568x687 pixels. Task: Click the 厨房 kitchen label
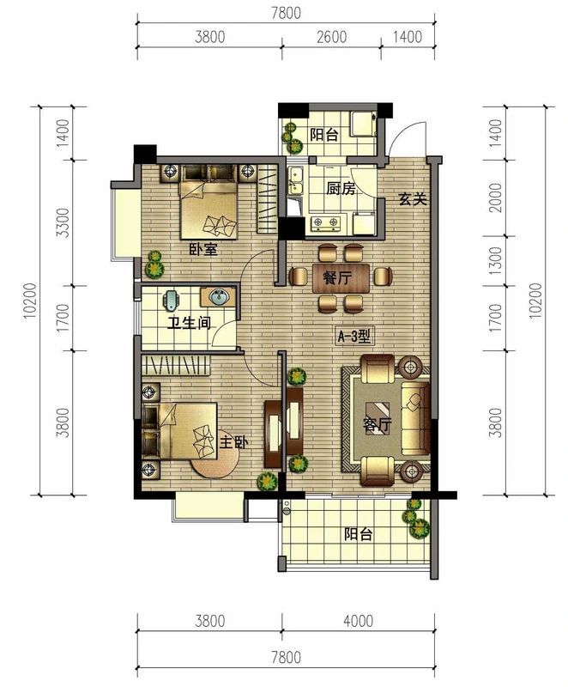(341, 188)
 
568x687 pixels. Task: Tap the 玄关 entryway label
(412, 199)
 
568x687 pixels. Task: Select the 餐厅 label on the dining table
(337, 277)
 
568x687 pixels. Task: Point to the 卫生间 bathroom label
(190, 324)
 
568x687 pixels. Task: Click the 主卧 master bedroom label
(233, 442)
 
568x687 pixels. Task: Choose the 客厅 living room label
(377, 424)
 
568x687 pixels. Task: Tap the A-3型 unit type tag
(354, 337)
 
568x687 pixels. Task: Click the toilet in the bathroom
(172, 300)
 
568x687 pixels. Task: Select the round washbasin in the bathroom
(218, 297)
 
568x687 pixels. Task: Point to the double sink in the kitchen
(296, 180)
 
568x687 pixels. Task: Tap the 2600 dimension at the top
(332, 37)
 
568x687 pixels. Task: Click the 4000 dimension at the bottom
(359, 621)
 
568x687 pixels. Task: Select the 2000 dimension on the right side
(496, 198)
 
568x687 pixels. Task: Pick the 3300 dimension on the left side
(63, 222)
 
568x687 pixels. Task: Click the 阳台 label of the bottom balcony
(358, 534)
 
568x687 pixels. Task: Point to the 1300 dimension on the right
(496, 261)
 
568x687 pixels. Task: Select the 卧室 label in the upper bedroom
(203, 249)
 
